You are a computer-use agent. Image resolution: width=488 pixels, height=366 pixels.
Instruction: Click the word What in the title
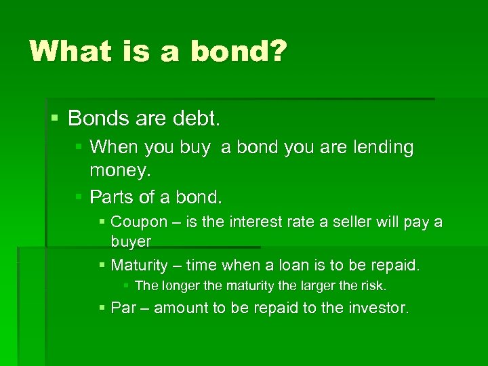coord(68,52)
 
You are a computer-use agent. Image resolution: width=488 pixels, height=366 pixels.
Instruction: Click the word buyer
coord(131,241)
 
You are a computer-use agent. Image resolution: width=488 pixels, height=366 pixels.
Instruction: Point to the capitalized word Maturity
coord(139,265)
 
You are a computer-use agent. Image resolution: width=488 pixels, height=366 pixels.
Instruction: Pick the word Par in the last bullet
coord(123,308)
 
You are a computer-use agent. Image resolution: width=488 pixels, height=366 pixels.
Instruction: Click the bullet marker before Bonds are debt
coord(56,117)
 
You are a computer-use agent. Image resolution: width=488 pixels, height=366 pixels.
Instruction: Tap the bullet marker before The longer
coord(127,285)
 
